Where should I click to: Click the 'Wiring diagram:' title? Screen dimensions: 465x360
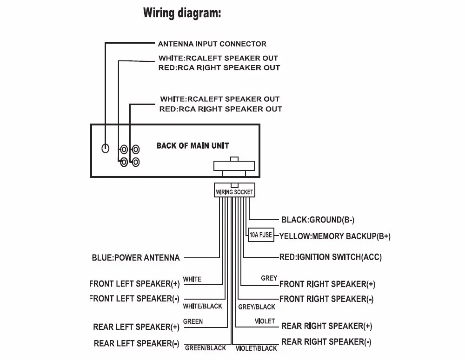[x=182, y=13]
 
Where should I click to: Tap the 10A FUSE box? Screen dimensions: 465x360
[x=261, y=235]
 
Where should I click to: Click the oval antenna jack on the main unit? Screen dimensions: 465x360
[x=105, y=148]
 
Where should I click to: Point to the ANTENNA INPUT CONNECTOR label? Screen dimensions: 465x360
[x=212, y=44]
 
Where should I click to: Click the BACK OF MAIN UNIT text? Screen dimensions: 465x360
[x=193, y=145]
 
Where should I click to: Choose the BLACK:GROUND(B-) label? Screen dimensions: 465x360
[x=318, y=220]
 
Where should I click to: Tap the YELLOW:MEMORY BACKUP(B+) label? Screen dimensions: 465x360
[x=335, y=236]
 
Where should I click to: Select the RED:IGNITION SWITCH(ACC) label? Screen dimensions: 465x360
[x=330, y=257]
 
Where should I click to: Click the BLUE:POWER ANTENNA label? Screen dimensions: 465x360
[x=136, y=257]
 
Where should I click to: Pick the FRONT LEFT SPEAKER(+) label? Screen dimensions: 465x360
[x=135, y=283]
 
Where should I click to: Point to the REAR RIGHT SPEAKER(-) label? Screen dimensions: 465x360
[x=326, y=341]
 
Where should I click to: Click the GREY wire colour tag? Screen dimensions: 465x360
[x=269, y=278]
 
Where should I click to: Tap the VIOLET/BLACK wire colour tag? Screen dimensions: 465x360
[x=256, y=348]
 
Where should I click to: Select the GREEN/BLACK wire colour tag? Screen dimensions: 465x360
[x=206, y=348]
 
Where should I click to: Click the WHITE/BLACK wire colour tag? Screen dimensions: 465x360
[x=203, y=306]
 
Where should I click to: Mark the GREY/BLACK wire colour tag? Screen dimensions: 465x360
[x=257, y=307]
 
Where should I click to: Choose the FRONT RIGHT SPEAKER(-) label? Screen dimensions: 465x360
[x=326, y=299]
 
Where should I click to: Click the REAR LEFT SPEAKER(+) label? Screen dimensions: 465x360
[x=136, y=327]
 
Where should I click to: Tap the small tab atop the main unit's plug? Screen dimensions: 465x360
[x=234, y=159]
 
